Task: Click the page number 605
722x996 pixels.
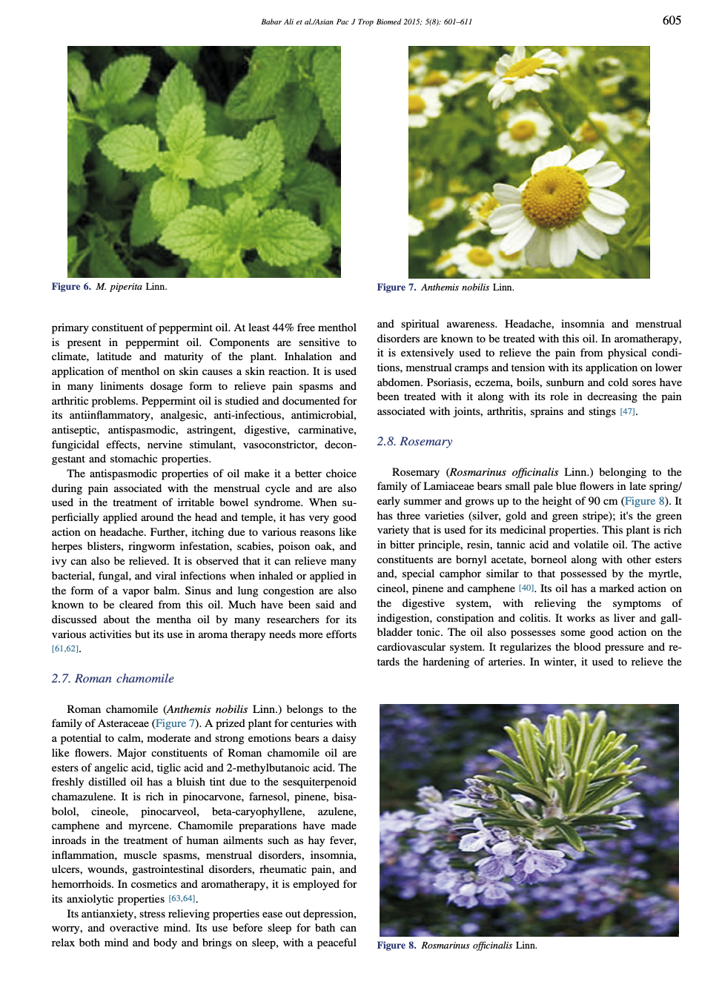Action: click(672, 21)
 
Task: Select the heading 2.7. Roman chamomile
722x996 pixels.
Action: click(113, 678)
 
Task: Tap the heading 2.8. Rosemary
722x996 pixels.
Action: click(414, 441)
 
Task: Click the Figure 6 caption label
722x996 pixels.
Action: click(71, 287)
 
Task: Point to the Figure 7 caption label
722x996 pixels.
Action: click(397, 288)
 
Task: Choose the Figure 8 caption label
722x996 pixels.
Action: click(397, 946)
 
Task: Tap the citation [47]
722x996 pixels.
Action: click(627, 412)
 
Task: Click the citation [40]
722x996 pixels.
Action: click(526, 588)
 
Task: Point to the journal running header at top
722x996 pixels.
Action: click(366, 22)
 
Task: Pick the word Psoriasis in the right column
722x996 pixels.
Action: click(401, 382)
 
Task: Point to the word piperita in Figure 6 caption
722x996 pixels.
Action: click(126, 287)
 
